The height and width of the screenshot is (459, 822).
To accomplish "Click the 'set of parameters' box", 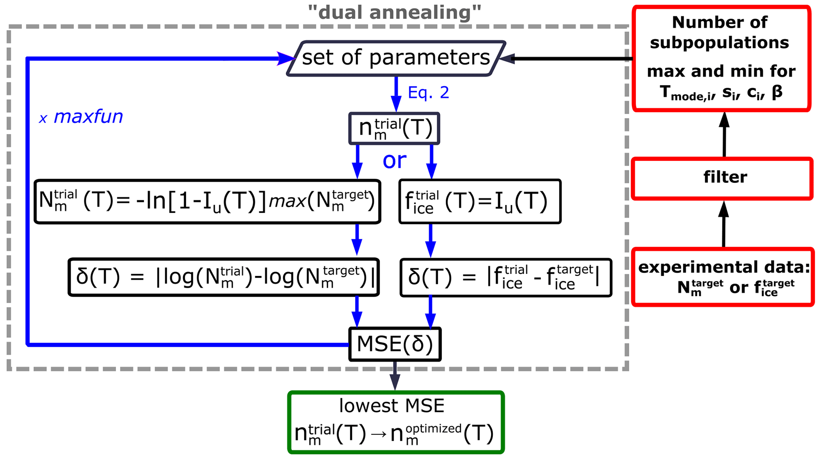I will (x=396, y=58).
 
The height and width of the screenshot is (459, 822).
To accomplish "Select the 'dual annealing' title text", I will (x=394, y=12).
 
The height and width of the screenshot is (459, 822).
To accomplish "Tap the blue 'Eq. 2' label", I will (x=428, y=93).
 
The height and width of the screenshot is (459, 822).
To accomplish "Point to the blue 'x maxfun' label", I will (x=81, y=117).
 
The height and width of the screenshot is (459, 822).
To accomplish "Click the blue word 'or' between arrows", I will (x=394, y=160).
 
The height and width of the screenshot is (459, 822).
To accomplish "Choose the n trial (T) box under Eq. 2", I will (x=394, y=128).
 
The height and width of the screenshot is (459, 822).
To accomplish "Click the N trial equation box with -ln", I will (x=207, y=201).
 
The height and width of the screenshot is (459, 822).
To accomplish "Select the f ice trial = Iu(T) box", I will (x=480, y=201).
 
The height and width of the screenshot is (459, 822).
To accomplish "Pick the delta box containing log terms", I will (x=223, y=277).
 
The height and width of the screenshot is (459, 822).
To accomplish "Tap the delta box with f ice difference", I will (x=505, y=277).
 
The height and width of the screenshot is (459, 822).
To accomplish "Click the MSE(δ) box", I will (x=394, y=344).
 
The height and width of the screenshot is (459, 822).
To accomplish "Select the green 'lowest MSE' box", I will (x=396, y=422).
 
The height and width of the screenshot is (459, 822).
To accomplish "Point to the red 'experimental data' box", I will (x=723, y=277).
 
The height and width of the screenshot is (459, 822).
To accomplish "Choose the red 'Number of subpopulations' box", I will (x=721, y=58).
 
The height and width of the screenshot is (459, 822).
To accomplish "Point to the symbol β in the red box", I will (x=777, y=92).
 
